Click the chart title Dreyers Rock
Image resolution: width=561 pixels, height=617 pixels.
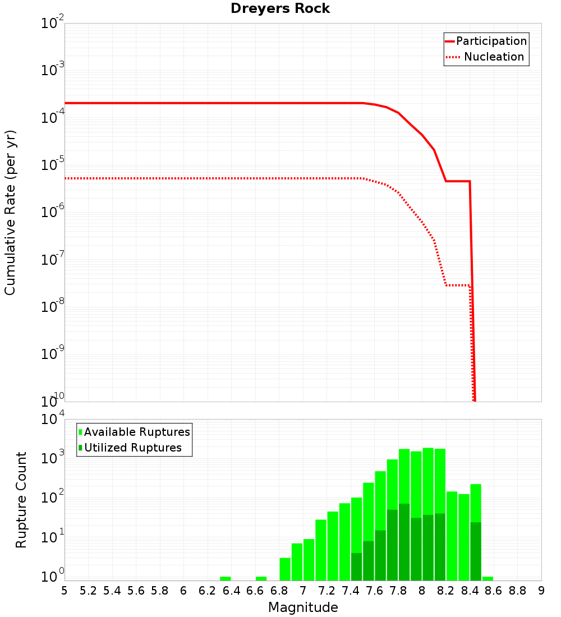280,8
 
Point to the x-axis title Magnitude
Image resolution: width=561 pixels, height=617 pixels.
303,607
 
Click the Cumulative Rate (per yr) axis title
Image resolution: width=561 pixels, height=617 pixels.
10,213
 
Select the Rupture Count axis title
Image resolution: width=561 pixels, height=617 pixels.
21,500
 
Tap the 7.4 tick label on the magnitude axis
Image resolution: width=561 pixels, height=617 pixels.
351,591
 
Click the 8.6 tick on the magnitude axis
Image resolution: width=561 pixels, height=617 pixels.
494,591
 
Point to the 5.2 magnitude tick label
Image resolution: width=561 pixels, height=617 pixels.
89,591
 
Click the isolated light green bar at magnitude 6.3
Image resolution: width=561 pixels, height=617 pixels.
225,578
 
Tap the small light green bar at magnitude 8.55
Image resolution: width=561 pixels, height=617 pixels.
488,578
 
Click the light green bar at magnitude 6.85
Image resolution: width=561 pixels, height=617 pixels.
285,569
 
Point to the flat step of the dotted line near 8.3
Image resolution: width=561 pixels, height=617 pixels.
458,286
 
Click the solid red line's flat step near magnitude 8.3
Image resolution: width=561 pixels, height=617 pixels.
458,181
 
